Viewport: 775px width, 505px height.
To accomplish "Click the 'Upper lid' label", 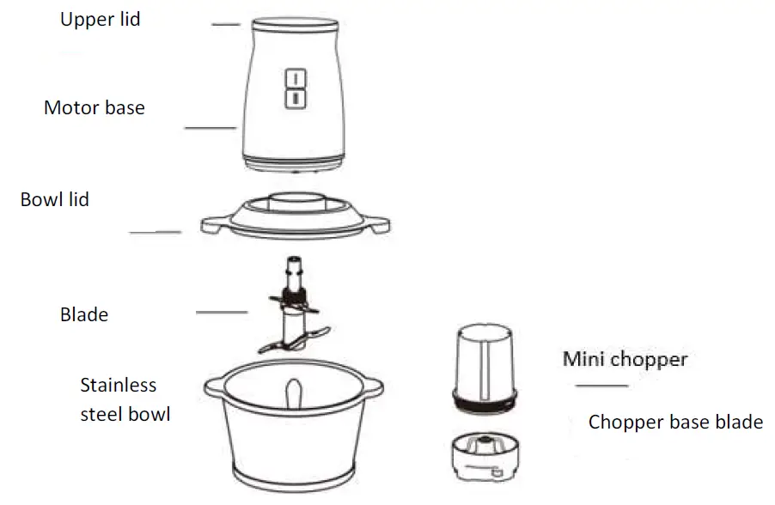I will point(100,20).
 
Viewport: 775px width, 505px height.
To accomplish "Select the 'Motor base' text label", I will point(95,108).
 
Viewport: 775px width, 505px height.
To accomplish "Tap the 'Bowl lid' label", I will point(55,200).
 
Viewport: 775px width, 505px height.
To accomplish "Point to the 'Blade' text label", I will point(84,314).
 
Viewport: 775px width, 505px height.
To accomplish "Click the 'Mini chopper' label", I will point(625,358).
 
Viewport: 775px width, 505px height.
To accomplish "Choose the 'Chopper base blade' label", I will point(675,423).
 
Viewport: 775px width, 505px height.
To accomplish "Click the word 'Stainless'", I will point(119,385).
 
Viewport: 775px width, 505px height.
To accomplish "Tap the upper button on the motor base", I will point(295,79).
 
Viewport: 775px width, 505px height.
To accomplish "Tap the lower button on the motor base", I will point(295,99).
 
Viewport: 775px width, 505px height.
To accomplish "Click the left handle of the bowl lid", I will point(211,224).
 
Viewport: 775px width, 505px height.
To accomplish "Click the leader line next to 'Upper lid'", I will point(226,25).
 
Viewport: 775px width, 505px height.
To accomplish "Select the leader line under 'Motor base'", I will point(211,128).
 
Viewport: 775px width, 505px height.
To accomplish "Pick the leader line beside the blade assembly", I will point(222,313).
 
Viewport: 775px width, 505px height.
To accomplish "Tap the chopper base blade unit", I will point(485,454).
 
